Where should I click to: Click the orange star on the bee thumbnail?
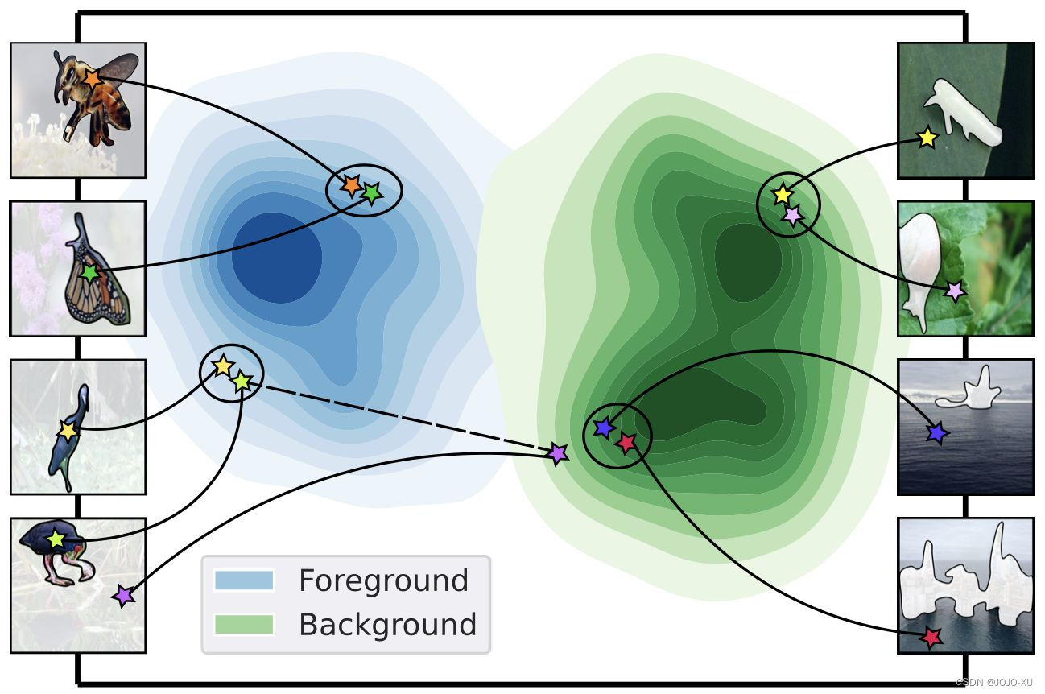click(x=92, y=78)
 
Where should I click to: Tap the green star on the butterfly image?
click(x=90, y=273)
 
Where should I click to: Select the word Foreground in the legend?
click(x=383, y=580)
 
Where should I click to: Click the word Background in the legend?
click(x=387, y=625)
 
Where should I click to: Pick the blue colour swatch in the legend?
click(x=244, y=580)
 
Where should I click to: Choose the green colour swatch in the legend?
click(x=244, y=624)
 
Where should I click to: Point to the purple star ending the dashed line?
click(x=557, y=454)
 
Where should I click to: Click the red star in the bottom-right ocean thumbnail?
click(x=931, y=638)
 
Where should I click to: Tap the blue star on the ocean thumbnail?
click(x=936, y=433)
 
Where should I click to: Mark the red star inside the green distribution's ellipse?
click(x=626, y=442)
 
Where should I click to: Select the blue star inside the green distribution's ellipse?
click(x=603, y=428)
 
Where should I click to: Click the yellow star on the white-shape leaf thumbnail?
click(x=927, y=138)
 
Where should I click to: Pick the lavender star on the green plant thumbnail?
click(x=955, y=291)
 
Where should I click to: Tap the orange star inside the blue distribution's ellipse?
click(x=351, y=185)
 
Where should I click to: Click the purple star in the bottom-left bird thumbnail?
click(x=122, y=596)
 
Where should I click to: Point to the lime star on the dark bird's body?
click(x=56, y=539)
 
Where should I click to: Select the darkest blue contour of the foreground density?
click(x=274, y=258)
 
